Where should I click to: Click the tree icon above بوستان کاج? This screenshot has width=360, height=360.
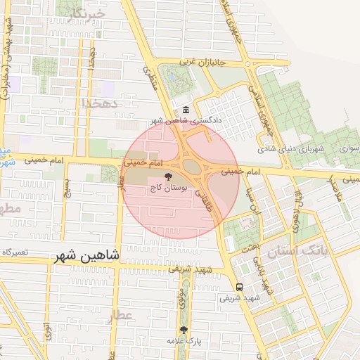pyautogui.click(x=168, y=177)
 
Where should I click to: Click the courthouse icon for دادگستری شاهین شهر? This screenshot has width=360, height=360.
pyautogui.click(x=186, y=110)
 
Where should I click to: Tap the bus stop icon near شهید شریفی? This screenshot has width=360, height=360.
pyautogui.click(x=240, y=287)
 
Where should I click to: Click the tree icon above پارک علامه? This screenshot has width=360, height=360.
pyautogui.click(x=184, y=329)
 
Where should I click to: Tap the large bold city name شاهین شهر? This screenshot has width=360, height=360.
pyautogui.click(x=86, y=257)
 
